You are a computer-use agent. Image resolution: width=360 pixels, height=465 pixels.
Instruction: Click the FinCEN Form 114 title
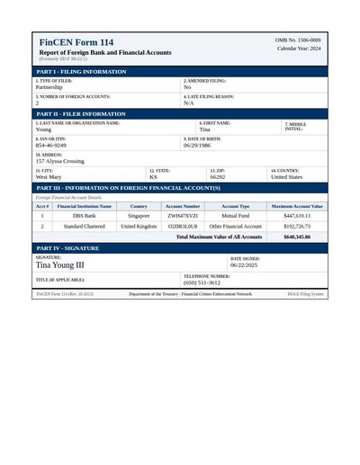76,43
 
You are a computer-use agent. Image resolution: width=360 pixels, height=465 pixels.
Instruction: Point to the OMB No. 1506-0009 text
298,40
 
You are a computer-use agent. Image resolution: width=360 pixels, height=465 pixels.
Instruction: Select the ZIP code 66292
218,177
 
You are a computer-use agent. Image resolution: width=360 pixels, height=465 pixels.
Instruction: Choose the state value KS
153,177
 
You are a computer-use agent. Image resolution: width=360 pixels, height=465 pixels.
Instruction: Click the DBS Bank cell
85,216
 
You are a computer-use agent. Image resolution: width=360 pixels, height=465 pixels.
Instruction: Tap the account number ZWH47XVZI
183,216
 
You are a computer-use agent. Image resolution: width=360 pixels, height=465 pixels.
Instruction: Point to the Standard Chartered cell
85,227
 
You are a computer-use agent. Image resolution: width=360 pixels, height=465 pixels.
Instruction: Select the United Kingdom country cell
139,227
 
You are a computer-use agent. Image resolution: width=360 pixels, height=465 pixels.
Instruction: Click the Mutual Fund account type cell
236,216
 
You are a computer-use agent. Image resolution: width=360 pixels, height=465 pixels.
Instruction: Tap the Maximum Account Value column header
296,206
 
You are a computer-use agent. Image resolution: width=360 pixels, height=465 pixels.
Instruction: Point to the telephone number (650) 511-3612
202,282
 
